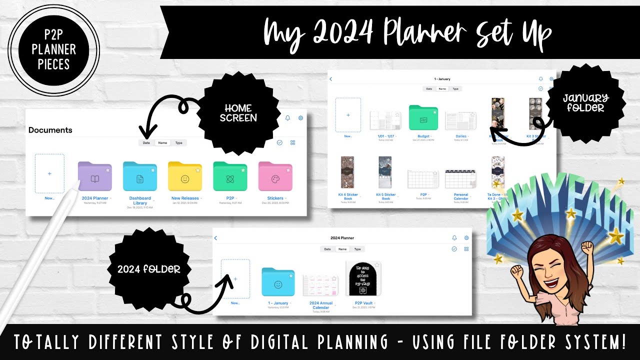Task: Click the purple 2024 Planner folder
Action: click(x=94, y=176)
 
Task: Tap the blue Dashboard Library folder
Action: click(x=140, y=176)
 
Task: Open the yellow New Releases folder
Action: click(x=185, y=176)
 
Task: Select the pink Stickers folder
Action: click(x=275, y=176)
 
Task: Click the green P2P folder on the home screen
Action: click(x=230, y=176)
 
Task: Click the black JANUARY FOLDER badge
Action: click(x=584, y=102)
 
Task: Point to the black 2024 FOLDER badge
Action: click(x=149, y=269)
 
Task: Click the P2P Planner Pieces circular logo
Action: click(x=53, y=49)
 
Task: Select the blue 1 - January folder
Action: click(x=278, y=282)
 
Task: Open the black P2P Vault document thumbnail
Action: click(x=361, y=280)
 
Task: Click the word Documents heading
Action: click(x=50, y=130)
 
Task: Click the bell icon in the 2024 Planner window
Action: click(x=454, y=238)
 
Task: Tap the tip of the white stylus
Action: click(x=78, y=184)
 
